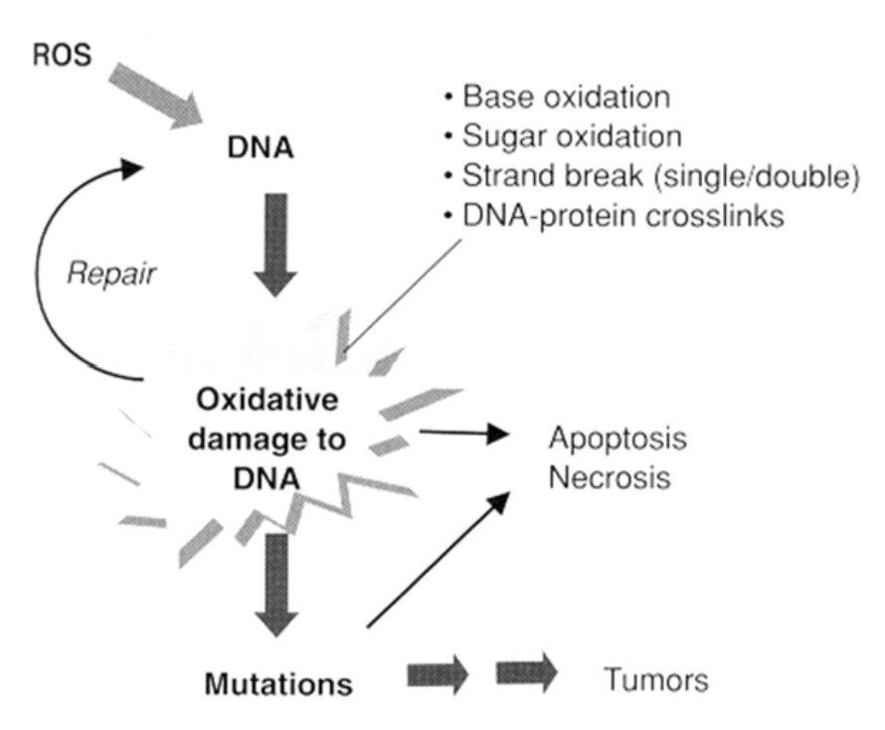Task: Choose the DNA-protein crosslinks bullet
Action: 622,216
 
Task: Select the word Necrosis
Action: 608,478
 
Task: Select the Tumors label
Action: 657,682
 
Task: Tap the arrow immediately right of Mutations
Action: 439,678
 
